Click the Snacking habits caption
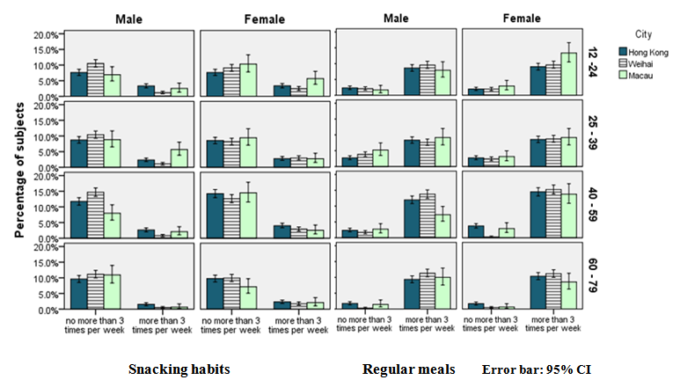pos(179,369)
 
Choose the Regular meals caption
pos(409,369)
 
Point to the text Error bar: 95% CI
pos(537,369)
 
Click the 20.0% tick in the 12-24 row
pos(46,35)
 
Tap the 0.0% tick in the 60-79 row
pos(48,310)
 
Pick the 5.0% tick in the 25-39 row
pos(48,152)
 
